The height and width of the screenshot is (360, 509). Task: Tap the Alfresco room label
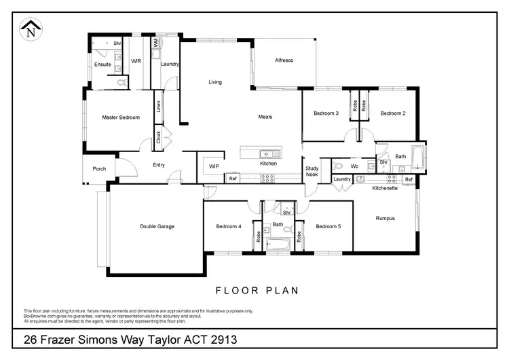coord(283,61)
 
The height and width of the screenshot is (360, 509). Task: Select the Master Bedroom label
coord(121,118)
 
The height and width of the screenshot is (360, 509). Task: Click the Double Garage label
coord(157,226)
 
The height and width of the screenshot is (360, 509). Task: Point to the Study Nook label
coord(312,170)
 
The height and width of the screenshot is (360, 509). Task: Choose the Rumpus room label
coord(385,218)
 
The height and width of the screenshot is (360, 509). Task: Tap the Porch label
coord(99,168)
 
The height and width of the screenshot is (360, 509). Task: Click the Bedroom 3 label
coord(326,113)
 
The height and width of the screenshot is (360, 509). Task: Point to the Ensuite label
coord(102,65)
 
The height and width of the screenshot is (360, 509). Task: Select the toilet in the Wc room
coord(337,165)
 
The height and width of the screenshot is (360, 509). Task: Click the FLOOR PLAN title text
coord(257,290)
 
